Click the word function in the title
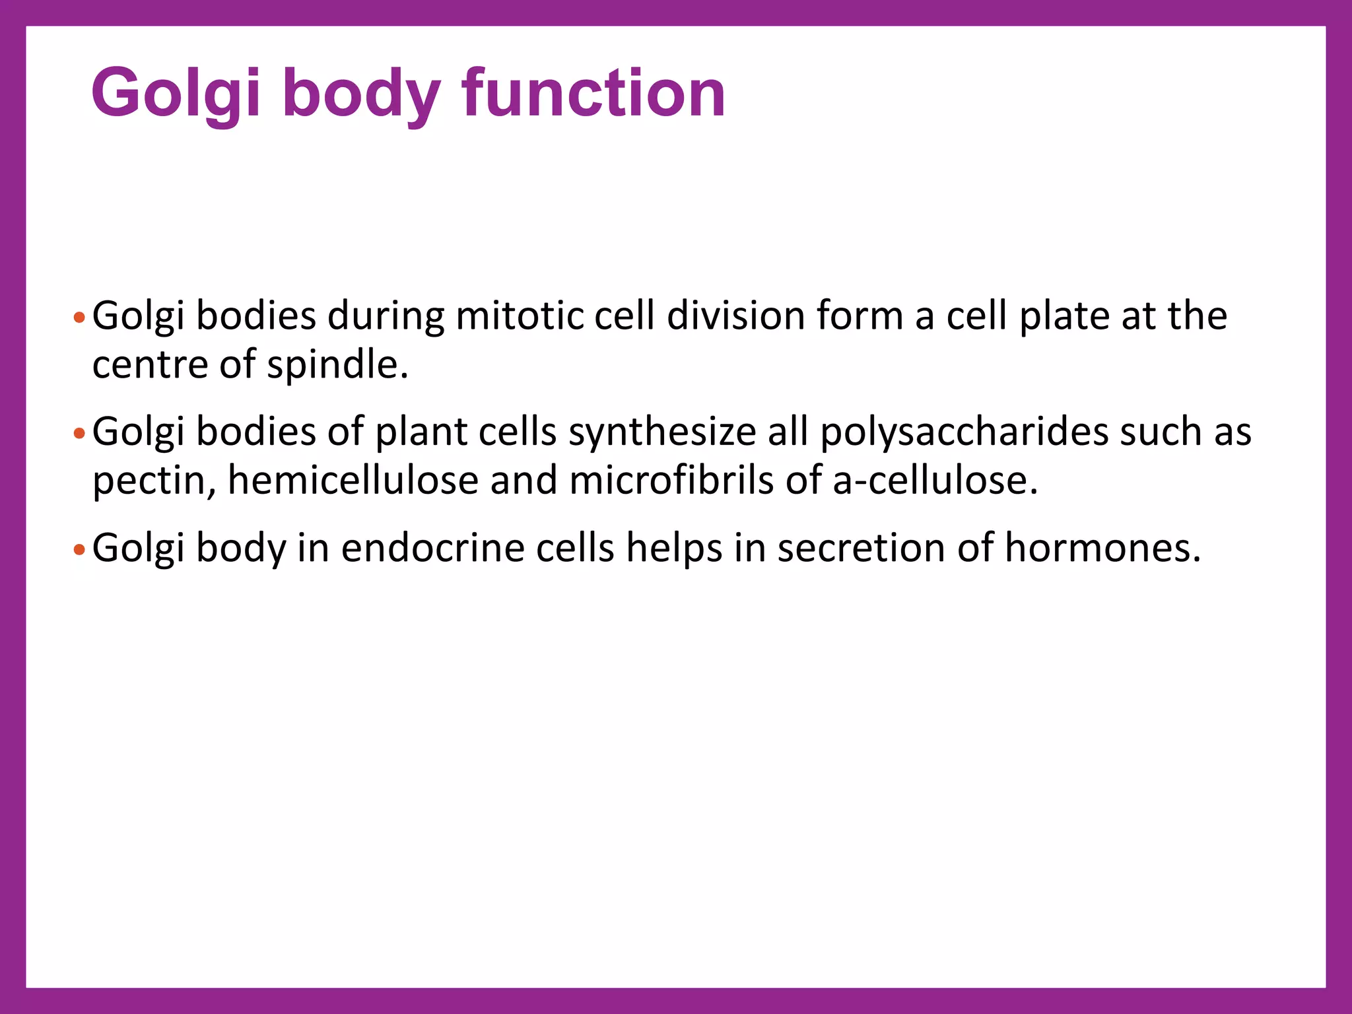pyautogui.click(x=593, y=93)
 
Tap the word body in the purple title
pyautogui.click(x=360, y=93)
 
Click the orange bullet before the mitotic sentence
pyautogui.click(x=79, y=318)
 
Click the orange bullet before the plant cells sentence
pyautogui.click(x=79, y=434)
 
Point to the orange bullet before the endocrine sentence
pyautogui.click(x=79, y=549)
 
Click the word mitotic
pyautogui.click(x=519, y=316)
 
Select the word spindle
pyautogui.click(x=337, y=365)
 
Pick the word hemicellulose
pyautogui.click(x=353, y=481)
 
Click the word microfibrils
pyautogui.click(x=671, y=481)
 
